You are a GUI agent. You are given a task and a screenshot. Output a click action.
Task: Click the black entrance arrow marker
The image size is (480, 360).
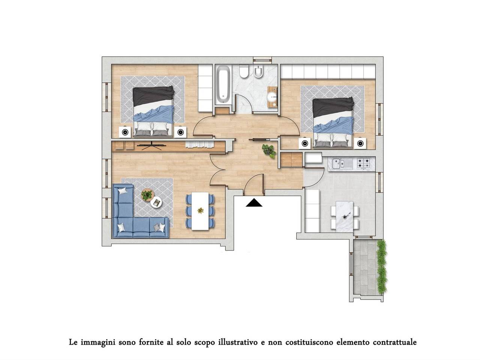253,202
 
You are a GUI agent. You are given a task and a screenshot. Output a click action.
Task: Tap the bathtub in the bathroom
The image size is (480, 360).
223,85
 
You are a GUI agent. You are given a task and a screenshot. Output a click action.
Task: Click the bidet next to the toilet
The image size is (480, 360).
258,71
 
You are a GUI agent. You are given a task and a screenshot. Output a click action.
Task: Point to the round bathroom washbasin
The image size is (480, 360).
273,97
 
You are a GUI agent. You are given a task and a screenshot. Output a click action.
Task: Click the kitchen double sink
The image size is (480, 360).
342,163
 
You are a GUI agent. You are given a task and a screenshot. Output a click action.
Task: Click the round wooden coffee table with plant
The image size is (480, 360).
148,195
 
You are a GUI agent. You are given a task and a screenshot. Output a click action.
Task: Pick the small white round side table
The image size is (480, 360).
156,202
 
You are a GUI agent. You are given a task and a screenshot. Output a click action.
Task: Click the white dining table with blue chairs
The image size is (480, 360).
200,211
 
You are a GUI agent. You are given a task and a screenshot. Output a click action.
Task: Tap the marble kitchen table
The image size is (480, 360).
344,216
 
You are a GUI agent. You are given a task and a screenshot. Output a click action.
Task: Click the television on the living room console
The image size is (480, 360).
151,145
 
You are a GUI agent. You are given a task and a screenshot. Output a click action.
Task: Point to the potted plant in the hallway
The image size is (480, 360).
269,151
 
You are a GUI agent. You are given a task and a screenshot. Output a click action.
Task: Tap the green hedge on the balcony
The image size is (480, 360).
381,267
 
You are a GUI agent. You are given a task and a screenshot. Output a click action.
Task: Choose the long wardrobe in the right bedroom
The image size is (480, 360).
328,71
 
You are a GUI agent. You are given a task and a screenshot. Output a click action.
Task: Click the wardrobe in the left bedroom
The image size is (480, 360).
205,88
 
